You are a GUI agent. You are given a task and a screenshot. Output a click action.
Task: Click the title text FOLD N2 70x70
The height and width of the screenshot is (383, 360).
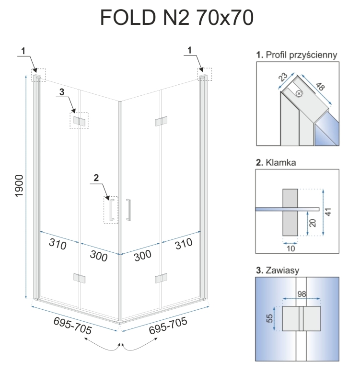pyautogui.click(x=177, y=18)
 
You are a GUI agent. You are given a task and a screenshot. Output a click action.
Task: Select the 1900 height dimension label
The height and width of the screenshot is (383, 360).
pyautogui.click(x=19, y=186)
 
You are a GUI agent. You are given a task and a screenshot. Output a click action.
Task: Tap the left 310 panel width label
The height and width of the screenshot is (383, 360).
pyautogui.click(x=58, y=244)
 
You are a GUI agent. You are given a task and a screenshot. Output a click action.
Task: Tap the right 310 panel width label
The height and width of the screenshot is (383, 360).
pyautogui.click(x=184, y=244)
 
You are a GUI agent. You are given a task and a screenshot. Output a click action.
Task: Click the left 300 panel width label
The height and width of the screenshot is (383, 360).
pyautogui.click(x=99, y=256)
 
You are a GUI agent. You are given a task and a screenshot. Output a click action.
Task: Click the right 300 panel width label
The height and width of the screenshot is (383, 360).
pyautogui.click(x=142, y=256)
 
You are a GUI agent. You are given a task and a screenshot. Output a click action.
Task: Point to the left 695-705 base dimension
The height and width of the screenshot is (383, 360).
pyautogui.click(x=72, y=326)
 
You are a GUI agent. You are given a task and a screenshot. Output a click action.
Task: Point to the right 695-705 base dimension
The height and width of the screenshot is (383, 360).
pyautogui.click(x=168, y=326)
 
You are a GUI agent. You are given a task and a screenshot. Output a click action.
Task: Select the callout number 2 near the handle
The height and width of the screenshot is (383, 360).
pyautogui.click(x=96, y=178)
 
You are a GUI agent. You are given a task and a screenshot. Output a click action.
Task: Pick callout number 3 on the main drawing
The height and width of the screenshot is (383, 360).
pyautogui.click(x=62, y=92)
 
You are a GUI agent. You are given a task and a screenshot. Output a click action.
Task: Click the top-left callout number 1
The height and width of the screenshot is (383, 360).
pyautogui.click(x=23, y=51)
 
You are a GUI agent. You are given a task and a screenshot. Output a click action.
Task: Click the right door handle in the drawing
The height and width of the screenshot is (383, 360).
pyautogui.click(x=128, y=210)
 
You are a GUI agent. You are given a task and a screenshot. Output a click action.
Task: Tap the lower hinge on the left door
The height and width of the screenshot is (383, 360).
pyautogui.click(x=79, y=278)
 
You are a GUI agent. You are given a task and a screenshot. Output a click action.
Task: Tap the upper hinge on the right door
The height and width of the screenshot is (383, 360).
pyautogui.click(x=161, y=121)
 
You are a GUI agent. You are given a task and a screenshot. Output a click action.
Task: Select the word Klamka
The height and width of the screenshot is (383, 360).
pyautogui.click(x=281, y=162)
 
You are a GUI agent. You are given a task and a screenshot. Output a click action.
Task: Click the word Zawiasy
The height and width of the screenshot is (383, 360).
pyautogui.click(x=282, y=270)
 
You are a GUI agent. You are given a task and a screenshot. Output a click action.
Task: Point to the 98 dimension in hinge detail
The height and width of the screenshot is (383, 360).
pyautogui.click(x=302, y=293)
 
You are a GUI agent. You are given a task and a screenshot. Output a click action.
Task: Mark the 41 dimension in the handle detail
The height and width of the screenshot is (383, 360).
pyautogui.click(x=328, y=212)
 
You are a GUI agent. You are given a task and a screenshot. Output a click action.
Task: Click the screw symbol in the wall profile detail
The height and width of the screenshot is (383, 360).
pyautogui.click(x=299, y=93)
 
